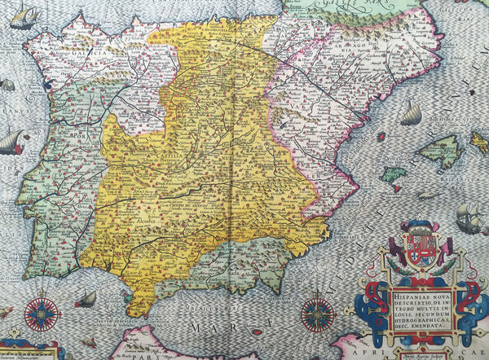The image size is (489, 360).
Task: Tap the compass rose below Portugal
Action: click(x=42, y=314)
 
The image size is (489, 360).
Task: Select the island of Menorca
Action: click(x=479, y=143)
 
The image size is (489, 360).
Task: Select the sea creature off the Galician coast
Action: click(x=7, y=84)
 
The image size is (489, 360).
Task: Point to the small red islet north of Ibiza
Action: click(x=380, y=137)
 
